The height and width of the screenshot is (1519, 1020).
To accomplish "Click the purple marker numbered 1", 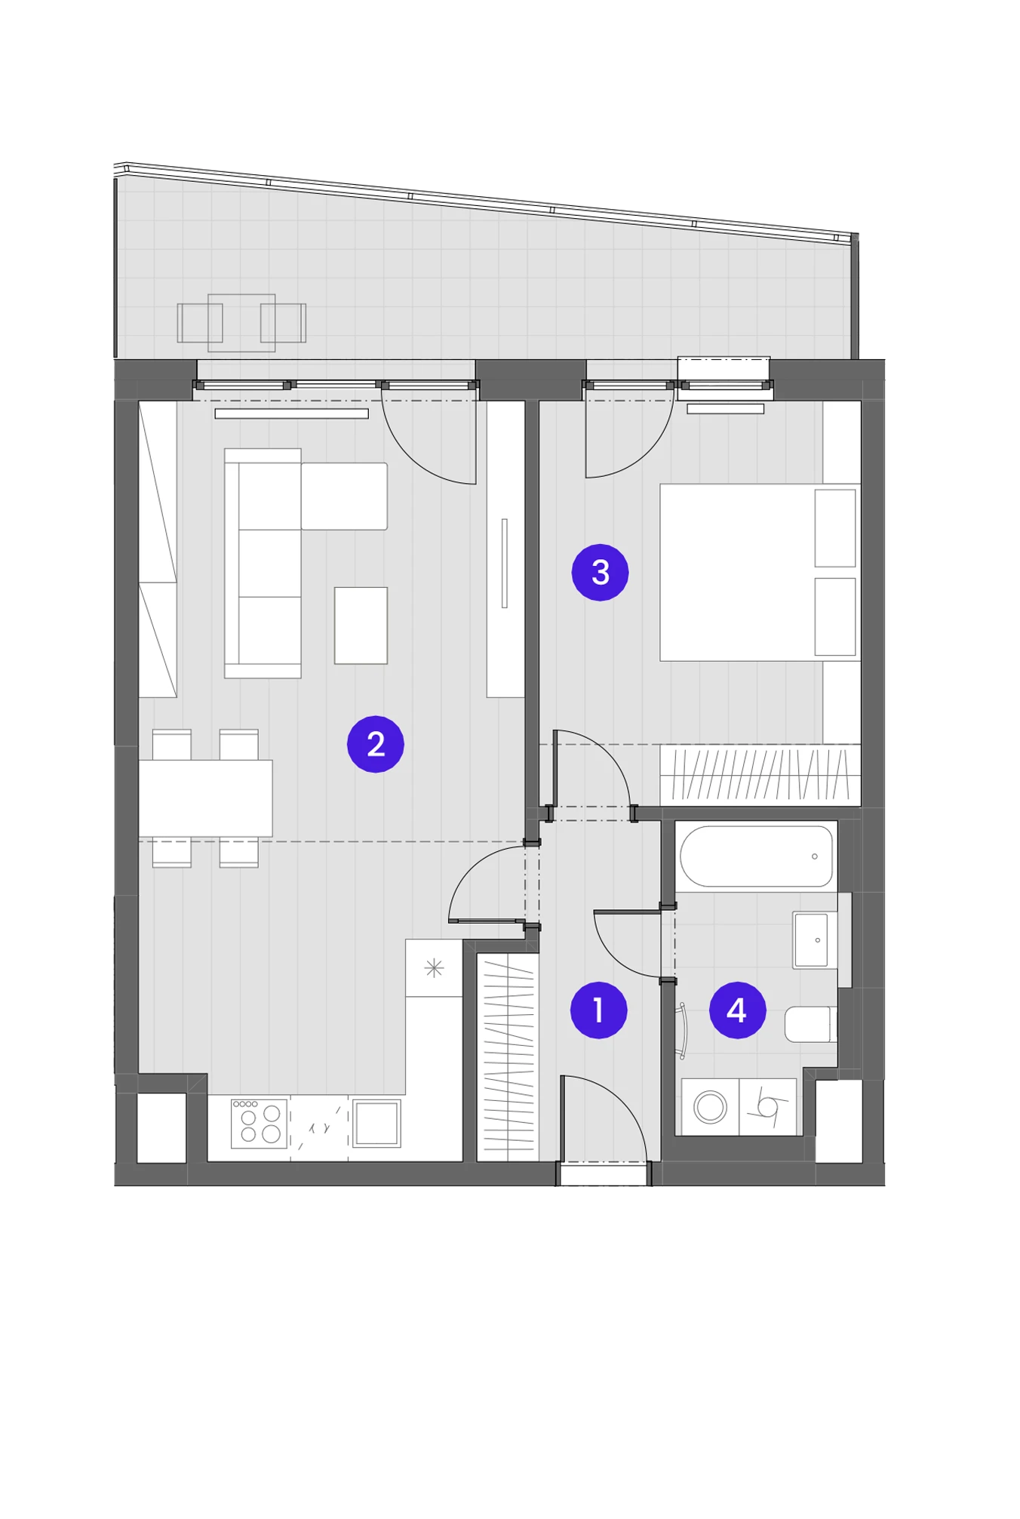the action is [x=598, y=1010].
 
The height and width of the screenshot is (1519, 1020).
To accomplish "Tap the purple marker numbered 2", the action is [x=376, y=744].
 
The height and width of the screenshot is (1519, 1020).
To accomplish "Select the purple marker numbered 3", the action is [x=601, y=572].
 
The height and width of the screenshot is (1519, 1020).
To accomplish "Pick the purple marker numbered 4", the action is [x=738, y=1010].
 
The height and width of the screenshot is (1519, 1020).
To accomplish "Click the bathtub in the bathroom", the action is [x=756, y=856].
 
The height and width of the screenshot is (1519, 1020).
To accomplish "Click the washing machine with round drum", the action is [x=710, y=1107].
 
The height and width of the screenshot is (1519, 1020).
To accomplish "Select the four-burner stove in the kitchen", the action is [x=259, y=1124].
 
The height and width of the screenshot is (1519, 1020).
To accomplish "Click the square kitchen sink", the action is [x=376, y=1124].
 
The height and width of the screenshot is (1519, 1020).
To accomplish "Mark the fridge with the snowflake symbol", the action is [x=434, y=968].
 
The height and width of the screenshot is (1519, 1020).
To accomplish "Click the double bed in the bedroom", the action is [x=760, y=573].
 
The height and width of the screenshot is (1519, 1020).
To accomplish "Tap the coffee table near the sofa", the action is [x=361, y=626].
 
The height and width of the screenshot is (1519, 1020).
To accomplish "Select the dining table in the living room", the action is [x=205, y=798].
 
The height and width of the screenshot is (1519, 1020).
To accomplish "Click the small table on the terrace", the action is [x=241, y=323].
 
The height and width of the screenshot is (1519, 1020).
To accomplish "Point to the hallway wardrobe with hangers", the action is [x=508, y=1058].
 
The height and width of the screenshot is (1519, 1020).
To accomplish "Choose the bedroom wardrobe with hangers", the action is [x=760, y=774].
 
